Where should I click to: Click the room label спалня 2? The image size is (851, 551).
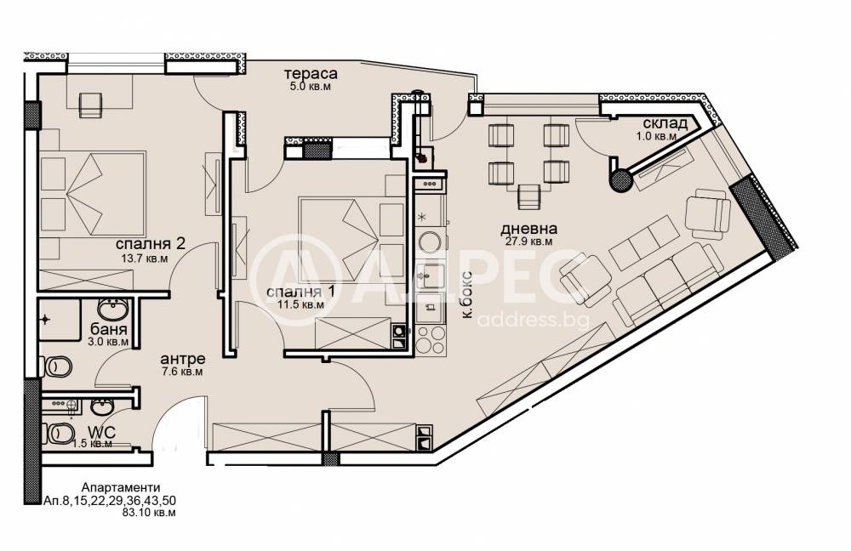pos(151,243)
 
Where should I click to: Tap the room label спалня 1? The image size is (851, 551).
pos(300,292)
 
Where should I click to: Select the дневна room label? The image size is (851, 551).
pos(528,230)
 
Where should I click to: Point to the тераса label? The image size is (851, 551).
pos(311,73)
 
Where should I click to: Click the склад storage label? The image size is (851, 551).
pos(665,123)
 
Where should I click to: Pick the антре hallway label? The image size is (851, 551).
pos(182,359)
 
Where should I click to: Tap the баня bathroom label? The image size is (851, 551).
pos(109,329)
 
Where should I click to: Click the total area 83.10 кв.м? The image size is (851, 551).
pos(150,512)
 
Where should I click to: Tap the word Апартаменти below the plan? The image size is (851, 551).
pos(121,488)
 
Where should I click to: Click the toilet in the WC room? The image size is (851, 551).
pos(58,434)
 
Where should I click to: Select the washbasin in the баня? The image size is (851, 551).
pos(113,310)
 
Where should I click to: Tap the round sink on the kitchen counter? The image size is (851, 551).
pos(429,243)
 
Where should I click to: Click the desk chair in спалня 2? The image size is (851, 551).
pos(91,105)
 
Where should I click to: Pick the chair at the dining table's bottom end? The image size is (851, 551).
pos(529,197)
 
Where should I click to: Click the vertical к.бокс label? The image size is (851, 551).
pos(467,298)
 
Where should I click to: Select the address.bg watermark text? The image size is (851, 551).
pos(534,320)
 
